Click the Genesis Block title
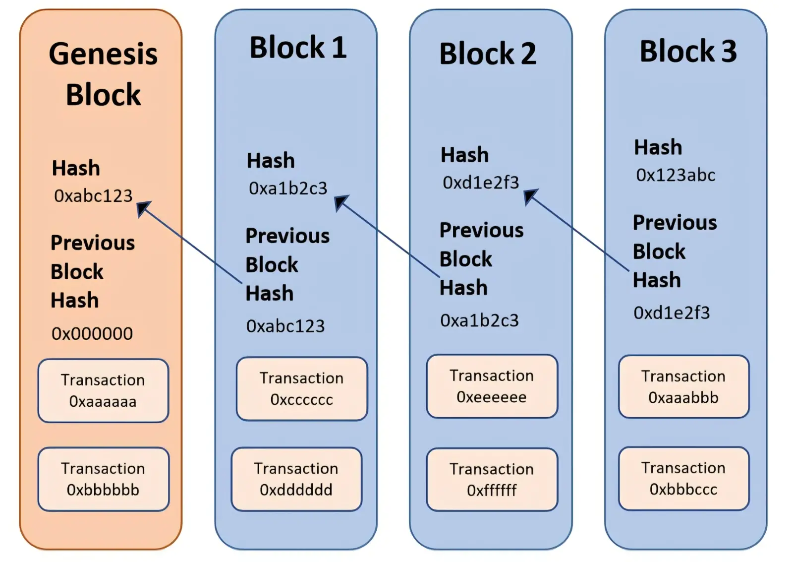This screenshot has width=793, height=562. point(103,74)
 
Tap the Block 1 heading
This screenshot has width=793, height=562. point(298,48)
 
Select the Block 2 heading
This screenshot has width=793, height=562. point(488,54)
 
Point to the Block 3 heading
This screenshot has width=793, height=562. point(688,52)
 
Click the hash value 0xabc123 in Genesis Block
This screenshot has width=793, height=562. point(93,196)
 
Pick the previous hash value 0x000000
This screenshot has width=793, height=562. point(92,333)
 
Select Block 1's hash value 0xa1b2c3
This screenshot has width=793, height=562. point(288,188)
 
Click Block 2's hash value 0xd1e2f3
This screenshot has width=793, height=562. point(480,183)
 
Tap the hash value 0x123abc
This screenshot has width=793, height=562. point(676,175)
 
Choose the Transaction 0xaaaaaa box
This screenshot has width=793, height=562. point(103,390)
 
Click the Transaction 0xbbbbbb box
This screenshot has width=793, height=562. point(104,479)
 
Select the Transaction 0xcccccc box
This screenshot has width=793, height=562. point(302,389)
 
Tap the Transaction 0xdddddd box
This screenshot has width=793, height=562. point(297,479)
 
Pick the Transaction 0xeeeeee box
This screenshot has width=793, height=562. point(492,386)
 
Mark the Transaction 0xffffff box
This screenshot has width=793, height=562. point(492,480)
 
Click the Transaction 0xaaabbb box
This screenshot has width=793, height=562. point(683,386)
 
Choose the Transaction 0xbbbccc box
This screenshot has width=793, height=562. point(683,478)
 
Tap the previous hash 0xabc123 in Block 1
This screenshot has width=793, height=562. point(285,326)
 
